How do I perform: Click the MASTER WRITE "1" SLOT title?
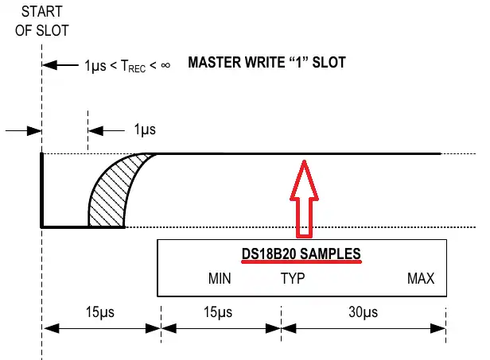pyautogui.click(x=266, y=63)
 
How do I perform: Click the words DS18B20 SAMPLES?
pyautogui.click(x=301, y=254)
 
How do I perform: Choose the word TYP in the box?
pyautogui.click(x=292, y=279)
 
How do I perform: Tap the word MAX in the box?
pyautogui.click(x=421, y=279)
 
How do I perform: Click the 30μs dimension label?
pyautogui.click(x=363, y=311)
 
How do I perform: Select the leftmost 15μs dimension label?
pyautogui.click(x=100, y=311)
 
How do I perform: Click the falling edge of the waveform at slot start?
pyautogui.click(x=42, y=191)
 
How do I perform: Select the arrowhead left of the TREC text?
pyautogui.click(x=49, y=64)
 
